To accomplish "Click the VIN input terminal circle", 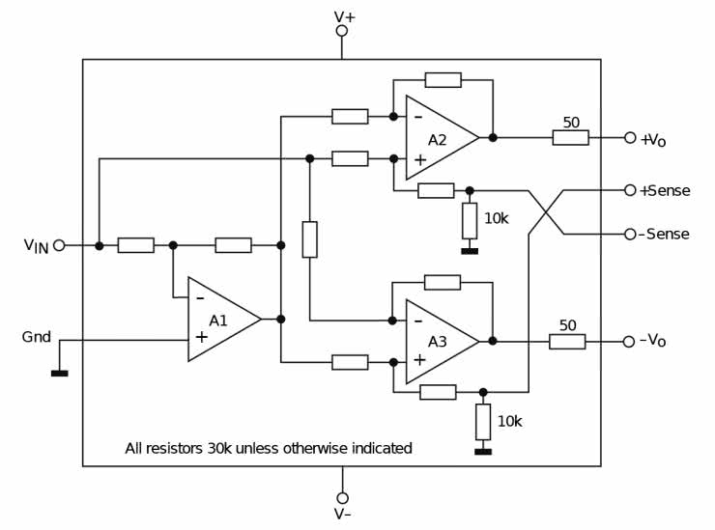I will click(x=59, y=245).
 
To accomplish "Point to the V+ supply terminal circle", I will click(x=342, y=31).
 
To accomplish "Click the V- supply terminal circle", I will click(x=342, y=498).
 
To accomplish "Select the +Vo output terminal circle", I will click(x=630, y=138).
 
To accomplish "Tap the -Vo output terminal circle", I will click(x=630, y=341).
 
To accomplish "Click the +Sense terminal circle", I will click(x=630, y=190).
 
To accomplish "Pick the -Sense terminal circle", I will click(x=630, y=234).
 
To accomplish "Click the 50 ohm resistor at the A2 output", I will click(x=570, y=138).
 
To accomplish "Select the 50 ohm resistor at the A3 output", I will click(x=567, y=341).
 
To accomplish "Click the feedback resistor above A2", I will click(x=443, y=80).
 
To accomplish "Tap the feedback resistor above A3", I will click(x=443, y=282).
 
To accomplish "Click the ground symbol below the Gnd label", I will click(x=59, y=372).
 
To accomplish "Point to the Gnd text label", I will click(x=37, y=337).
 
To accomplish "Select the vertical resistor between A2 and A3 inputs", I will click(x=309, y=239).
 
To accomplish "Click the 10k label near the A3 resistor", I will click(x=508, y=421).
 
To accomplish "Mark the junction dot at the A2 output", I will click(x=493, y=138).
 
